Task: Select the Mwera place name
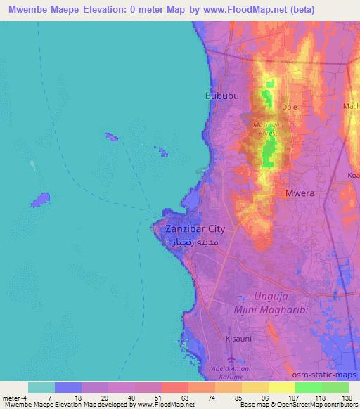tap(299, 192)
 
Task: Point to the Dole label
tap(289, 107)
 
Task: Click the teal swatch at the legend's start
tap(41, 387)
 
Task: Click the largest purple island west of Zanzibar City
tap(41, 200)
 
